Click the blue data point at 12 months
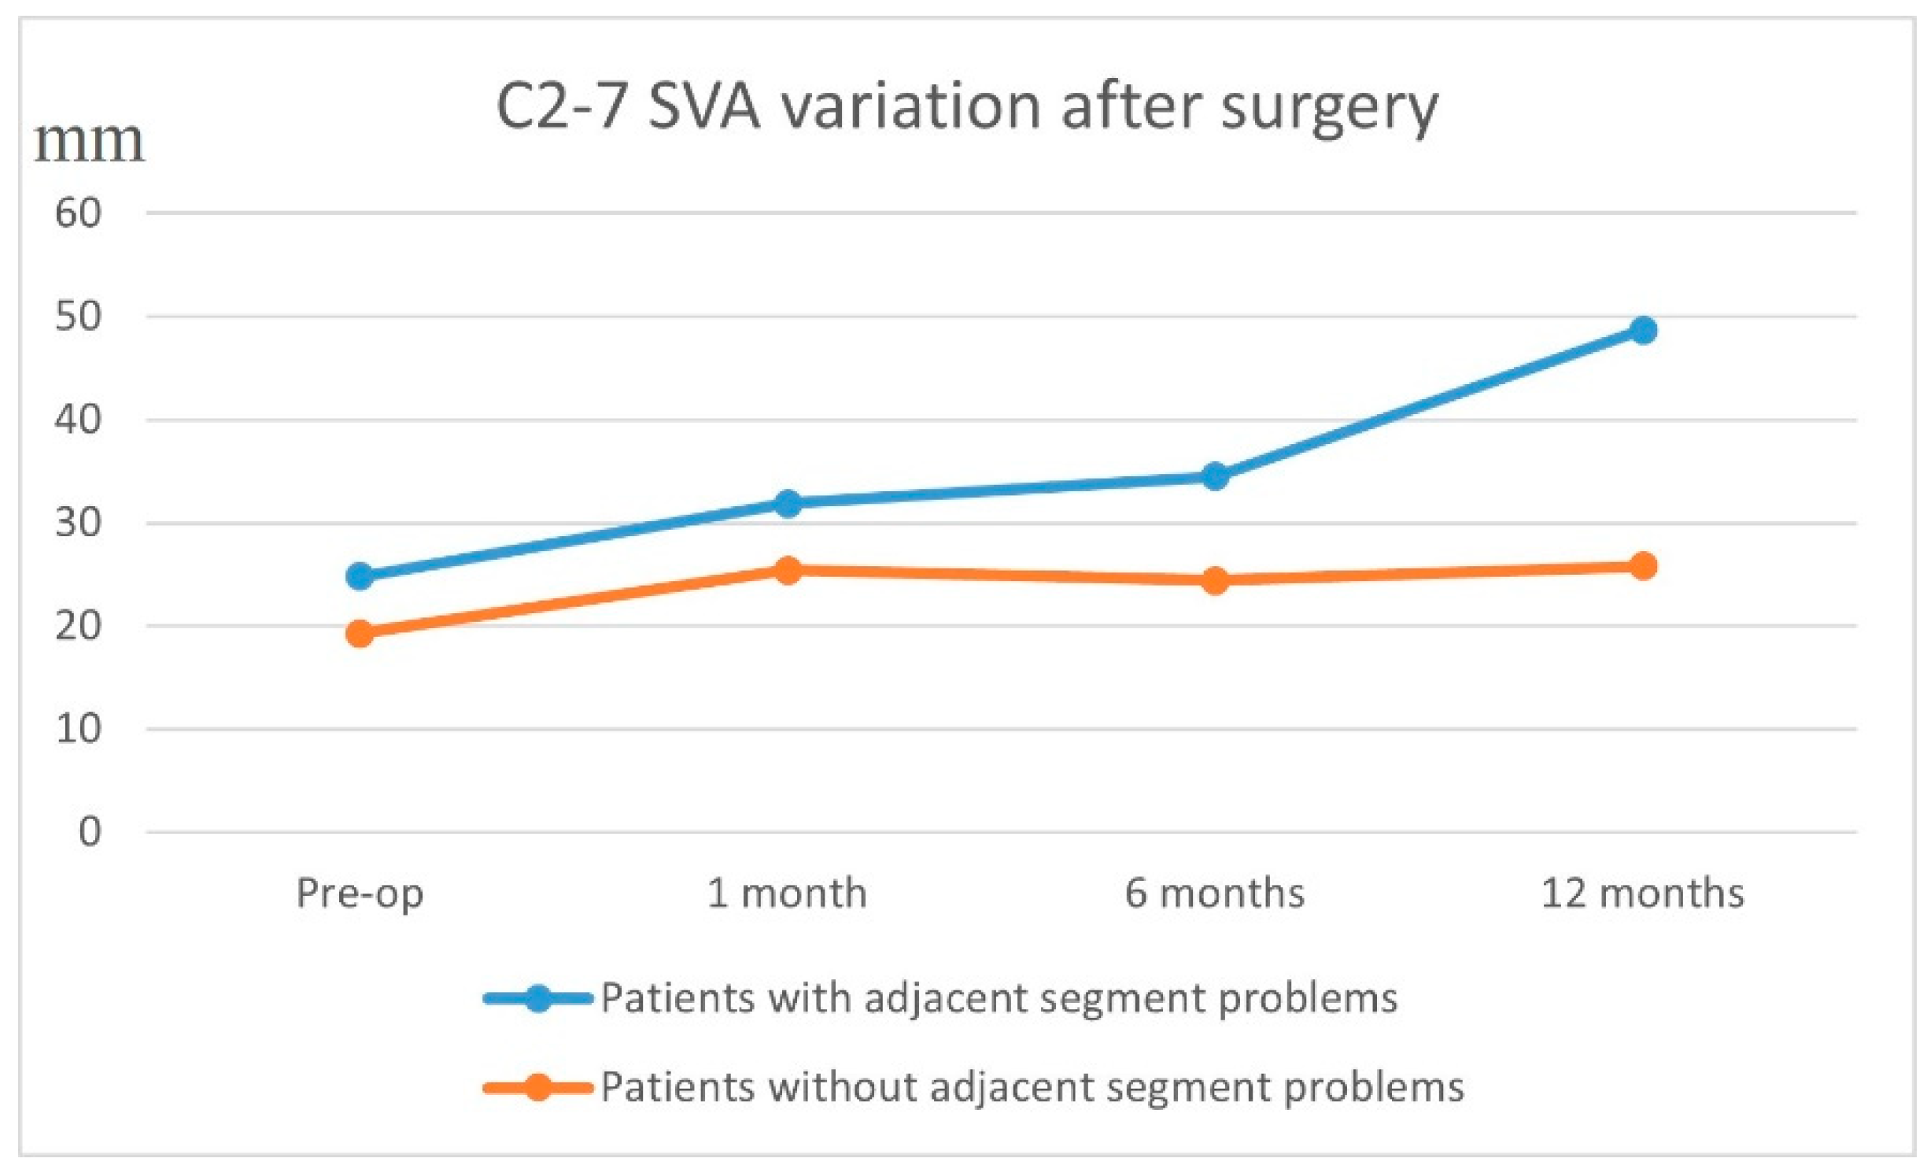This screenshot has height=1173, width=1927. coord(1642,330)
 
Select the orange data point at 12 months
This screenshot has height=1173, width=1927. coord(1642,566)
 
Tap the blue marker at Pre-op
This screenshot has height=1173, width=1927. coord(360,576)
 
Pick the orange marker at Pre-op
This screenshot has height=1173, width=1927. coord(360,633)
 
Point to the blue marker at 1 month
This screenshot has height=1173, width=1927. coord(788,503)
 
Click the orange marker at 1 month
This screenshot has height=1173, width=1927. coord(788,570)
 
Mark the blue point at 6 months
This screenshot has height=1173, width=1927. coord(1215,476)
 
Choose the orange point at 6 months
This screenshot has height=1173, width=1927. coord(1215,581)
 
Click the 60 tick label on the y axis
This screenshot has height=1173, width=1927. coord(78,213)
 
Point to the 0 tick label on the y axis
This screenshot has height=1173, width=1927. coord(90,832)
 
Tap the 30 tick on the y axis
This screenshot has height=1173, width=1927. coord(78,523)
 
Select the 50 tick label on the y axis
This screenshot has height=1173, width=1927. coord(78,316)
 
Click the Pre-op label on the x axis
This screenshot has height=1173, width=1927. coord(360,894)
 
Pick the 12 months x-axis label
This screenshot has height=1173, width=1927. coord(1642,893)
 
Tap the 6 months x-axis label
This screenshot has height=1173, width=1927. coord(1214,893)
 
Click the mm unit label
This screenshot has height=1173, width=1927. coord(89,142)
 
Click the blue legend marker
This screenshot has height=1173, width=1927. coord(538,998)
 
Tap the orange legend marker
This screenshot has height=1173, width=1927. coord(538,1088)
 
